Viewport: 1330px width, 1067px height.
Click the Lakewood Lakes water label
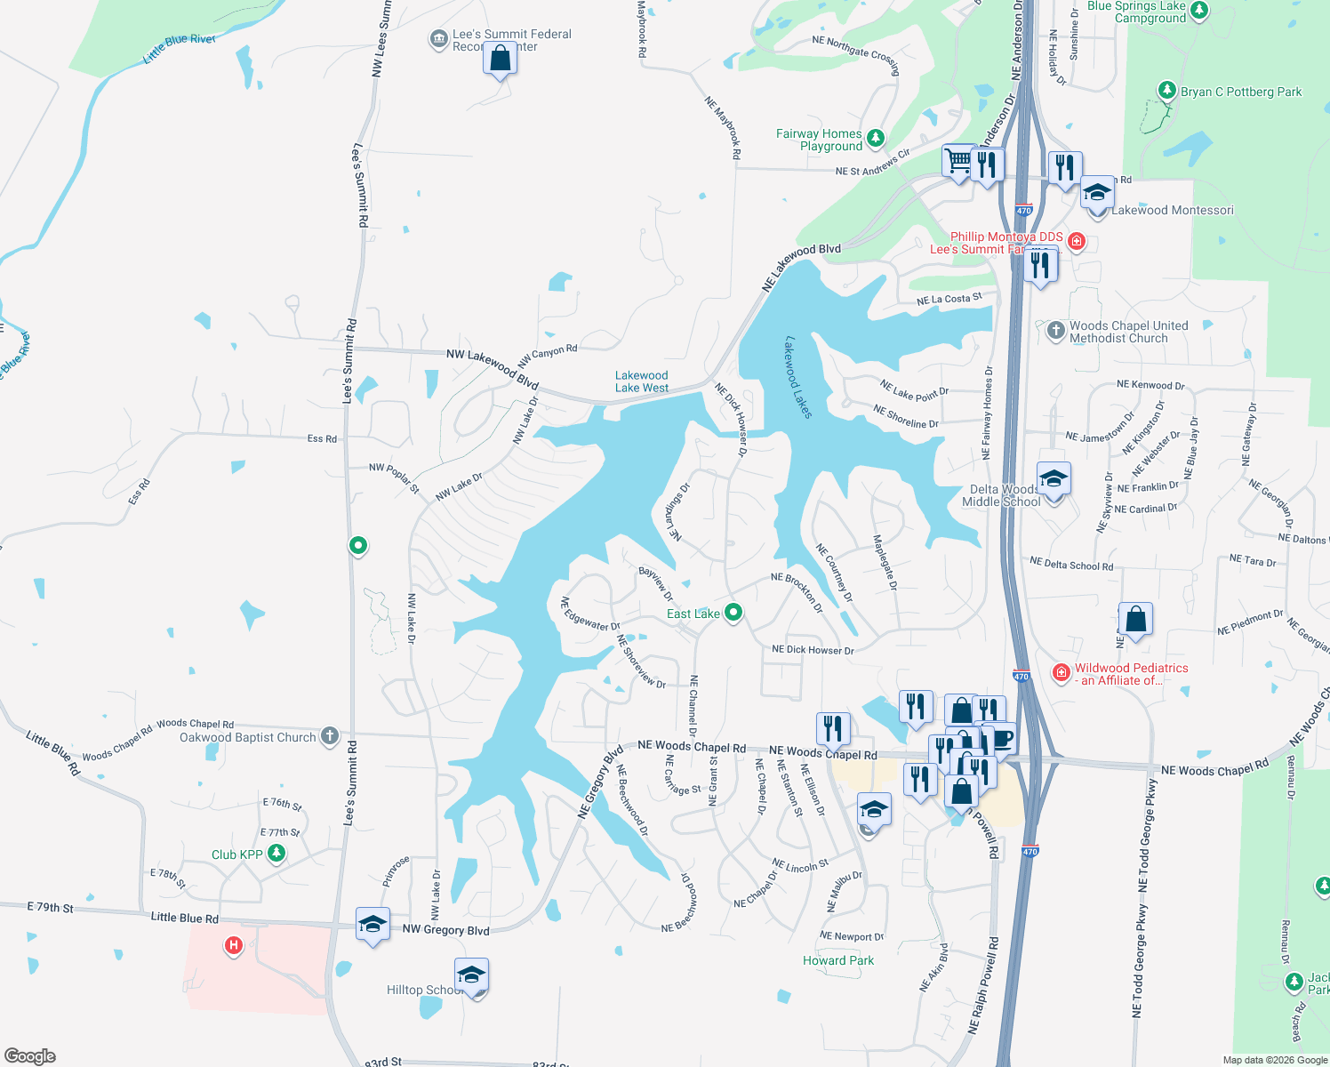797,377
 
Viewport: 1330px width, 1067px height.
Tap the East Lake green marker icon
733,613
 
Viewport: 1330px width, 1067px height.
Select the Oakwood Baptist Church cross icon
330,735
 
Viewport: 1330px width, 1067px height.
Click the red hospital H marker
234,944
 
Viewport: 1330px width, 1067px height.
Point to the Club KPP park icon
276,854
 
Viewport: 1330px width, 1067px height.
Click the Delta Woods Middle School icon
1054,480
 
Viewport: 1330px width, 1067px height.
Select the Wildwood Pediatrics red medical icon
1061,673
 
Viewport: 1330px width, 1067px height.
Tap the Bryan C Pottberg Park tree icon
1167,91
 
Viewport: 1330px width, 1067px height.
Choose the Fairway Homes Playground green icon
876,138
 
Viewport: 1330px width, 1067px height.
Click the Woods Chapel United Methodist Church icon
1055,331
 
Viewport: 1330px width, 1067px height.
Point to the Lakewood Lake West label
641,381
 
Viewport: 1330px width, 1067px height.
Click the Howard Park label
837,960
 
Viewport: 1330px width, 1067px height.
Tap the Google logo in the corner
30,1055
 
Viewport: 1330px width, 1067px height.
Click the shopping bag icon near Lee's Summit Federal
501,60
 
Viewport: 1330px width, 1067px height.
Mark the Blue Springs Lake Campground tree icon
1199,10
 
